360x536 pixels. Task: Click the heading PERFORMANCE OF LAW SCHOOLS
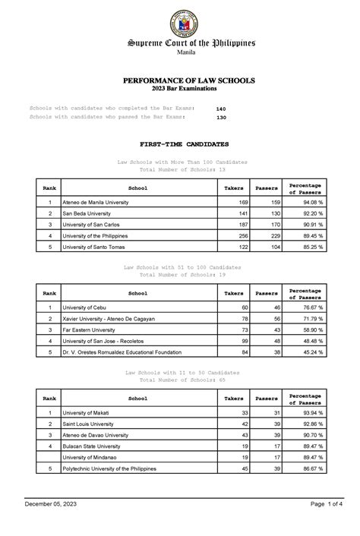179,80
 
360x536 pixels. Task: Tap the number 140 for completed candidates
221,109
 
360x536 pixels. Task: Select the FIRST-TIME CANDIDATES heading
179,143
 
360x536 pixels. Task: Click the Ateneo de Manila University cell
96,203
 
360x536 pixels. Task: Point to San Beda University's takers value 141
243,214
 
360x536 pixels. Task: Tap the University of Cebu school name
86,307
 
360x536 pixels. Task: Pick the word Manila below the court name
179,54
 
